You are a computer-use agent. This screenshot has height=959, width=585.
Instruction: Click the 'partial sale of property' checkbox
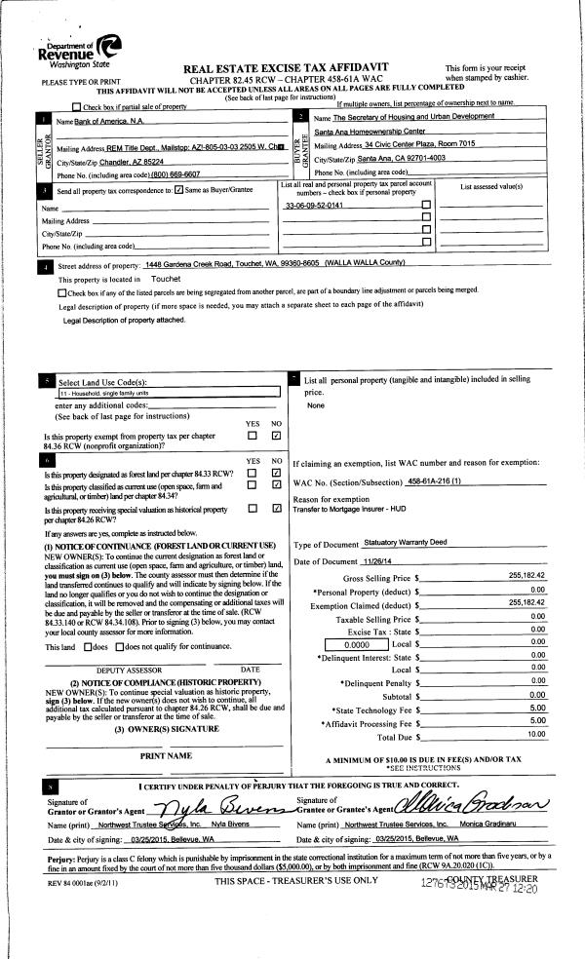click(x=77, y=106)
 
